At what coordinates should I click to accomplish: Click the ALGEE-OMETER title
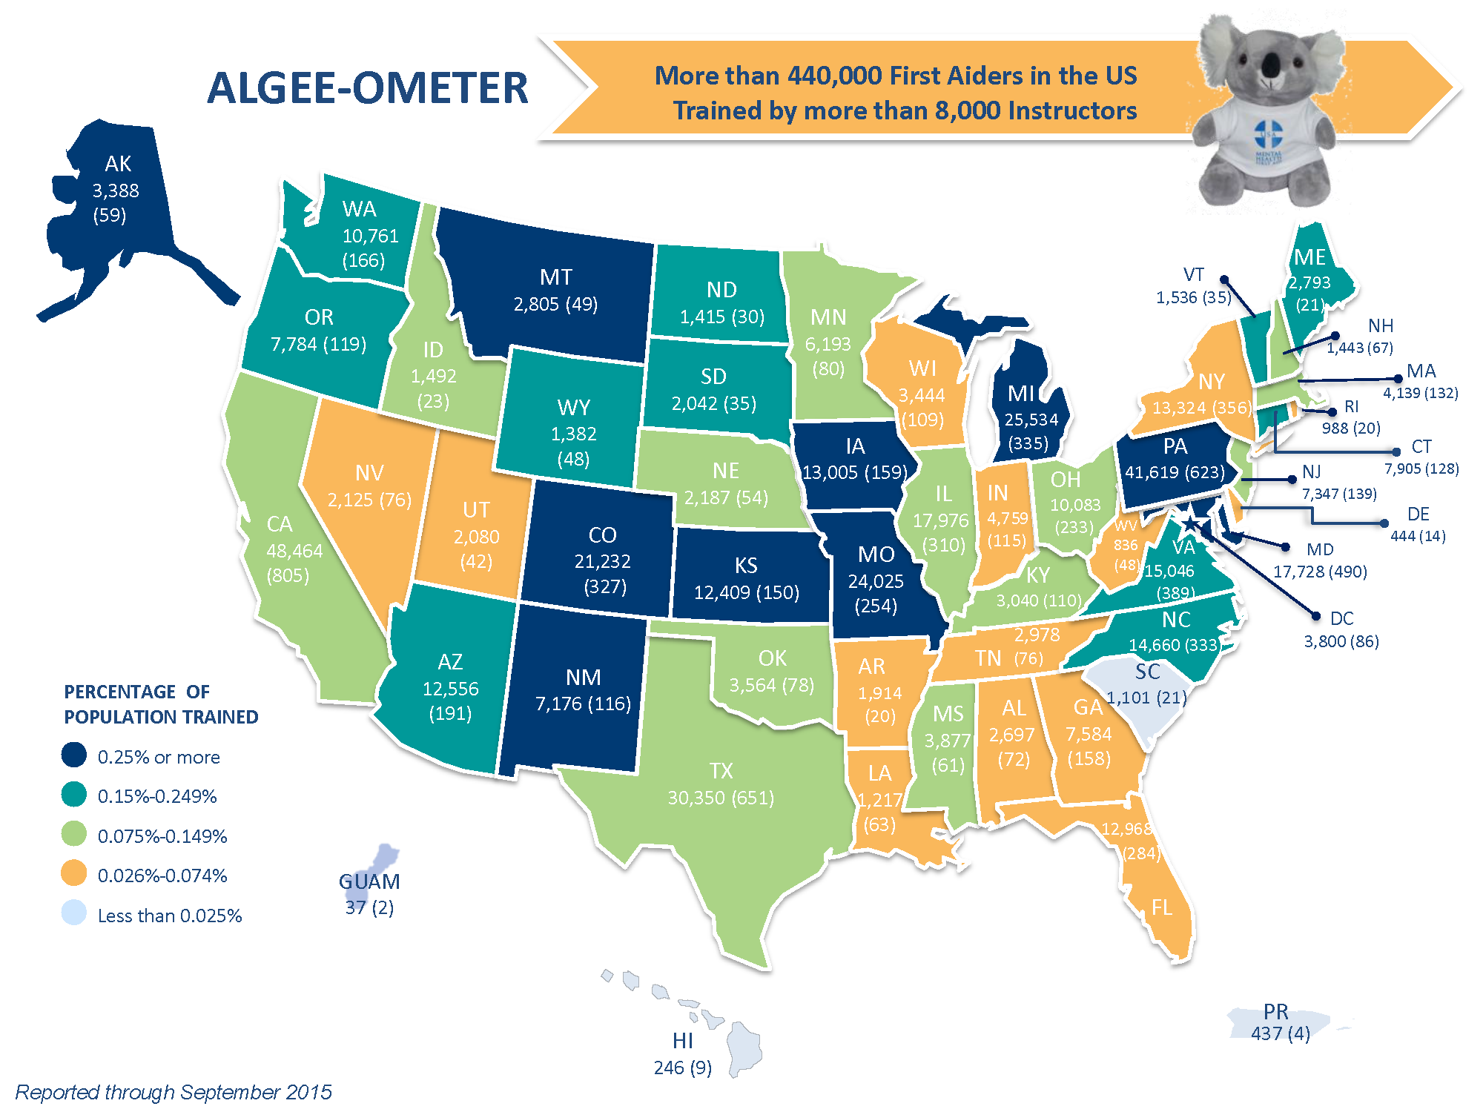[x=367, y=88]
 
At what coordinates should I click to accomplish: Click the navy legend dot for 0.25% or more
[x=74, y=755]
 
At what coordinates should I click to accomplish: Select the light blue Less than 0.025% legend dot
[x=74, y=913]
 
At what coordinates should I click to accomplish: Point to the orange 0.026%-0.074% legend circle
[x=74, y=873]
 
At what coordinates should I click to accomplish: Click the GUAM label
[x=369, y=881]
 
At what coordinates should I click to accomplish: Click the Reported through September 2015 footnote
[x=174, y=1092]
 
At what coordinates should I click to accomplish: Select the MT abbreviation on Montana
[x=555, y=277]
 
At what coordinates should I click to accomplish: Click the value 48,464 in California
[x=294, y=551]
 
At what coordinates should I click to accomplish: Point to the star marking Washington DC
[x=1189, y=525]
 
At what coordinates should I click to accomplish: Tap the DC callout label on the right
[x=1341, y=618]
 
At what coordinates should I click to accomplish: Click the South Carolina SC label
[x=1147, y=672]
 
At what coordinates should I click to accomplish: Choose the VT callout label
[x=1193, y=275]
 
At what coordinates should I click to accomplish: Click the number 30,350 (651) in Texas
[x=721, y=798]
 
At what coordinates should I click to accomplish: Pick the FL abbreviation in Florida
[x=1161, y=907]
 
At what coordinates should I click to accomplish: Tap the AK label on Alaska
[x=118, y=164]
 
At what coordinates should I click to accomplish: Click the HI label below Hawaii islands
[x=682, y=1041]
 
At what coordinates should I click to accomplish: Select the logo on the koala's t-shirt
[x=1268, y=137]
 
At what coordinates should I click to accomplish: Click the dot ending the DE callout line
[x=1384, y=523]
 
